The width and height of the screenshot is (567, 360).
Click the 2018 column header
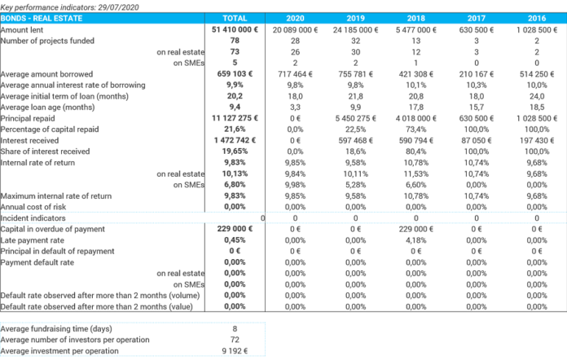coord(415,17)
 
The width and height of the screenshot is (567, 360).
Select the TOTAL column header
coord(235,17)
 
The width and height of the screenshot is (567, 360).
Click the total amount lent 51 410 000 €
coord(235,29)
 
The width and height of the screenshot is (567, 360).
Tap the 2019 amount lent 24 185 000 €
coord(355,29)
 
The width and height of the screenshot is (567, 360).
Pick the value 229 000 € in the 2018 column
coord(415,229)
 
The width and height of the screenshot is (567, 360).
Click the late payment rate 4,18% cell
coord(415,240)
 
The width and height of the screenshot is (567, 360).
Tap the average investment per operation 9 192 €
coord(235,351)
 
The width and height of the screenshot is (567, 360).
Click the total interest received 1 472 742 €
coord(235,140)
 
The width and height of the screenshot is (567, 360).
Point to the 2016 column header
coord(536,17)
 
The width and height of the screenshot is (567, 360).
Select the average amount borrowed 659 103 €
coord(235,73)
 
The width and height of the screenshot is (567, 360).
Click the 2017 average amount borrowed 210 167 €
coord(476,73)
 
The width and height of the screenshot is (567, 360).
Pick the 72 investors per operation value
coord(235,340)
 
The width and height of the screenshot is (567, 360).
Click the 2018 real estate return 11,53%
coord(415,173)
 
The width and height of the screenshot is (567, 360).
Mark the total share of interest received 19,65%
coord(235,151)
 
